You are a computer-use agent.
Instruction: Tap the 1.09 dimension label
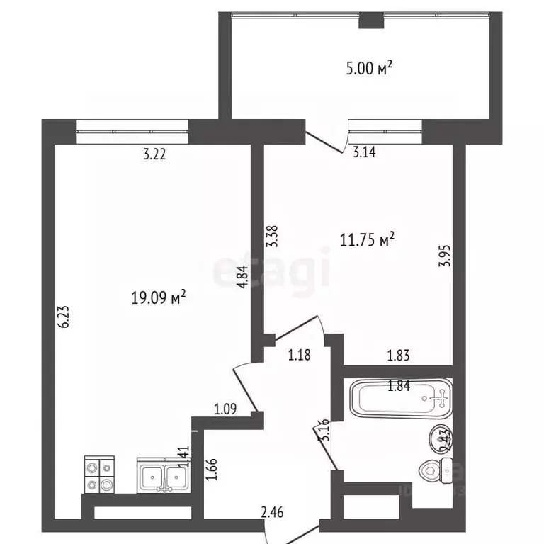click(225, 409)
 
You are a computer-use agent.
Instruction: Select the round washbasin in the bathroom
click(436, 441)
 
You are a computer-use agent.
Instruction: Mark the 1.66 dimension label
click(210, 470)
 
